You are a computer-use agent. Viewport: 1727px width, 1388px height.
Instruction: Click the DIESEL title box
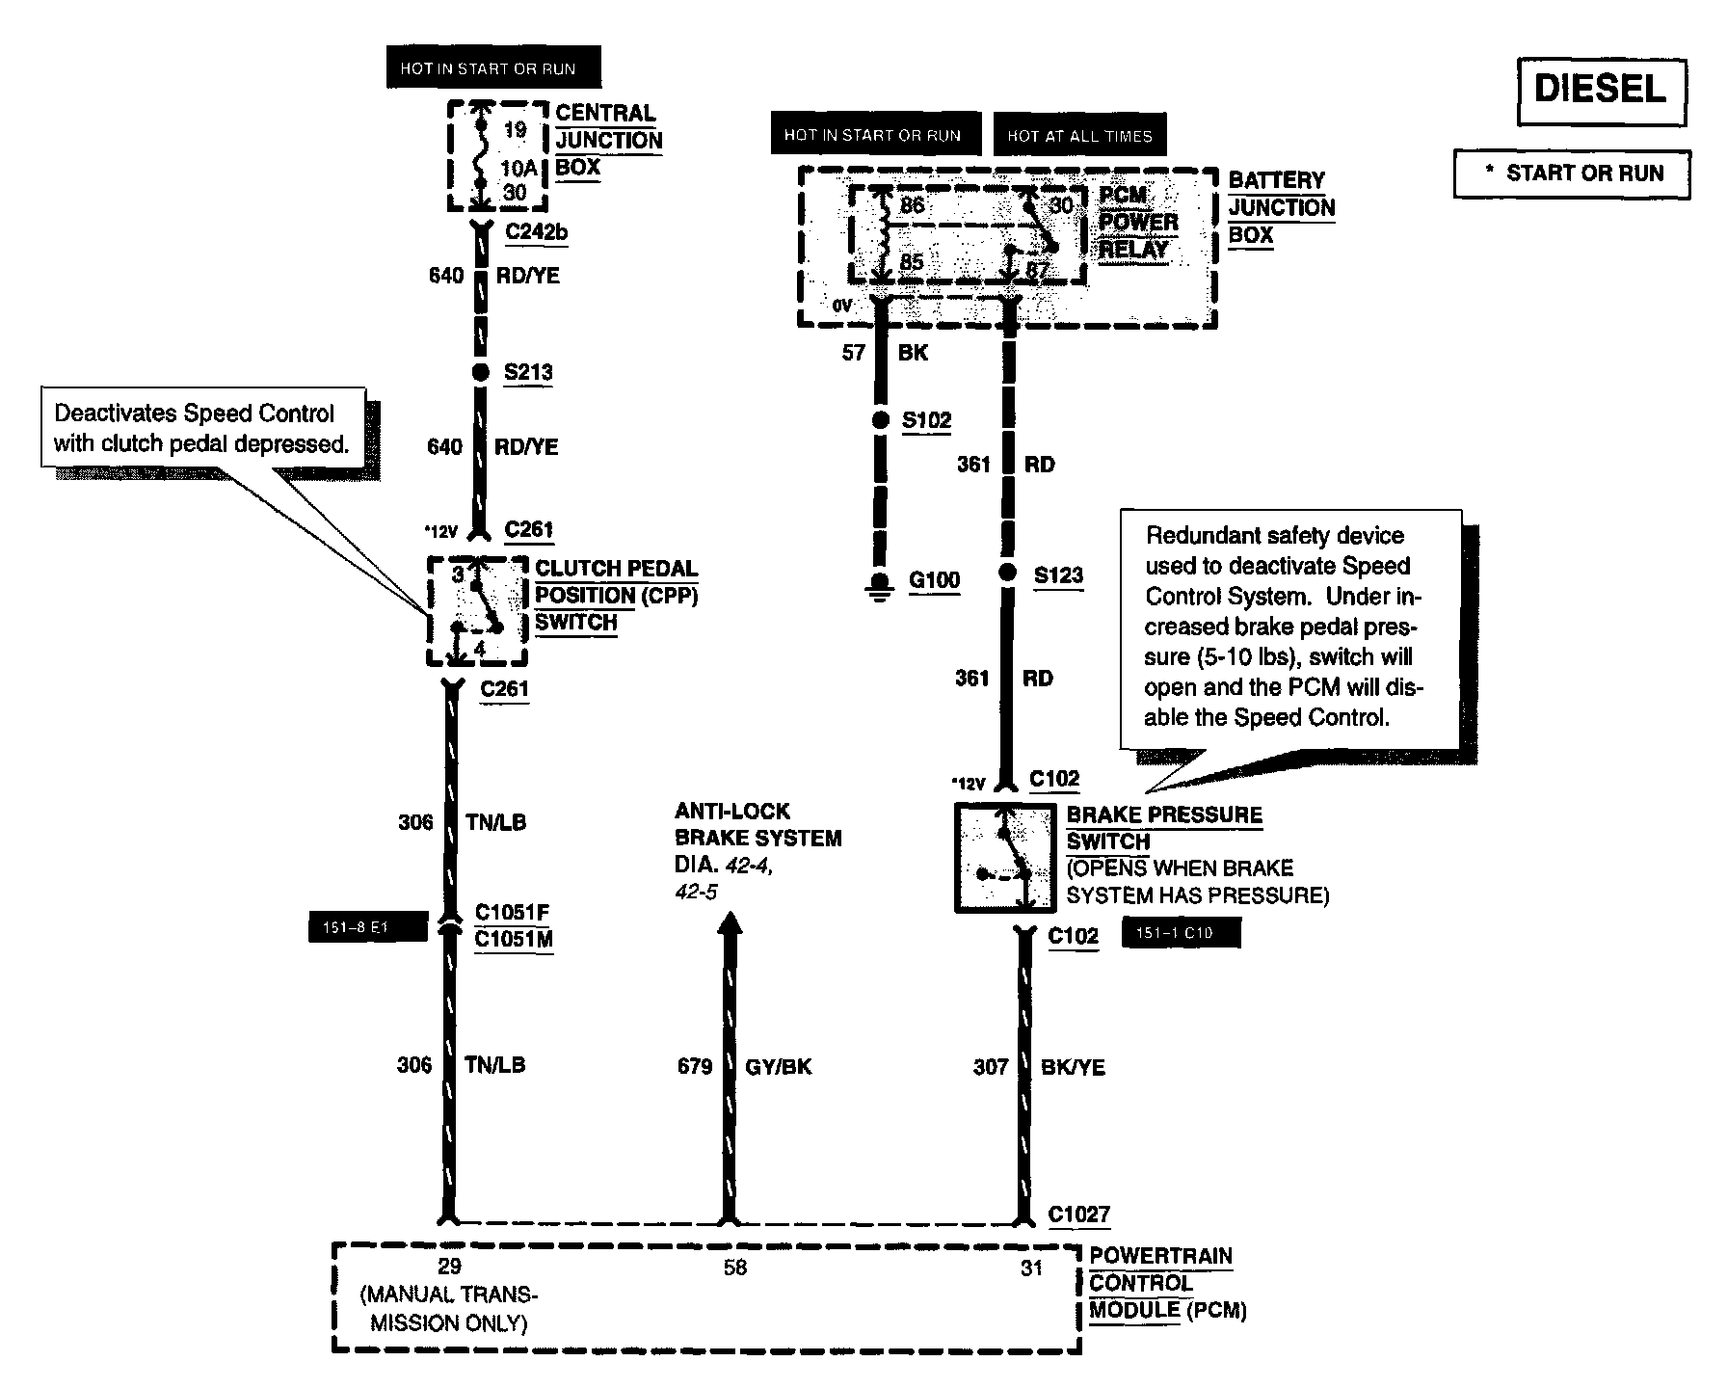1601,91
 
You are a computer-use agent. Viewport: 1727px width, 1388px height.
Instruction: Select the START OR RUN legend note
1572,173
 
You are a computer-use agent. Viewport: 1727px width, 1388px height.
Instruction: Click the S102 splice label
926,420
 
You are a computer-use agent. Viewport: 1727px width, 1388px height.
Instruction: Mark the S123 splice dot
1007,574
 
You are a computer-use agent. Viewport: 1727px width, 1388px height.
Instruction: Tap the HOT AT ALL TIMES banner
1079,136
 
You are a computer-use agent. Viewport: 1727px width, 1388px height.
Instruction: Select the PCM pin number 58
734,1268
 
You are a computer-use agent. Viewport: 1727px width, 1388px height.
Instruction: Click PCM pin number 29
449,1267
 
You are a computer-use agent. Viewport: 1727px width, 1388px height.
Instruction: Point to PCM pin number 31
1031,1268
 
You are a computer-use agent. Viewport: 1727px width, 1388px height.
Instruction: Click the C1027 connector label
1079,1214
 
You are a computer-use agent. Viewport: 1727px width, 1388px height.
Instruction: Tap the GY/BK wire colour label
779,1066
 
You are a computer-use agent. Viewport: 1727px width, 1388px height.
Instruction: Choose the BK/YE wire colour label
1073,1067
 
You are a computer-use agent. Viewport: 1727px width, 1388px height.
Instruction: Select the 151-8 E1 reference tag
367,928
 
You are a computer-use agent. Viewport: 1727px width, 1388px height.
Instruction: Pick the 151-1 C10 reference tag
1181,933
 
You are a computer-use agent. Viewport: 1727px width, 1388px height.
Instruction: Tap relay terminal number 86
911,205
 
